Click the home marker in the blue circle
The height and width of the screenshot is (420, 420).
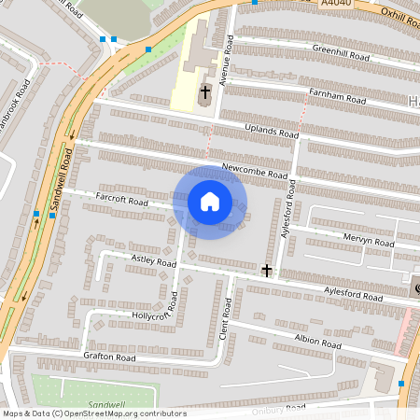(x=210, y=202)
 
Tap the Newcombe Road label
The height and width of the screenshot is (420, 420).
(x=255, y=172)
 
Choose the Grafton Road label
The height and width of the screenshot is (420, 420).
(x=109, y=357)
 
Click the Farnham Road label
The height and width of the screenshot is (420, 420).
(x=338, y=97)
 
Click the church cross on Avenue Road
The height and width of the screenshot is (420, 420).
(x=204, y=91)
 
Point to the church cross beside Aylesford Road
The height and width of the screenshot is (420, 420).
(x=267, y=271)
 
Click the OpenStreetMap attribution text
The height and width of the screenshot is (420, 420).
(x=93, y=413)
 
